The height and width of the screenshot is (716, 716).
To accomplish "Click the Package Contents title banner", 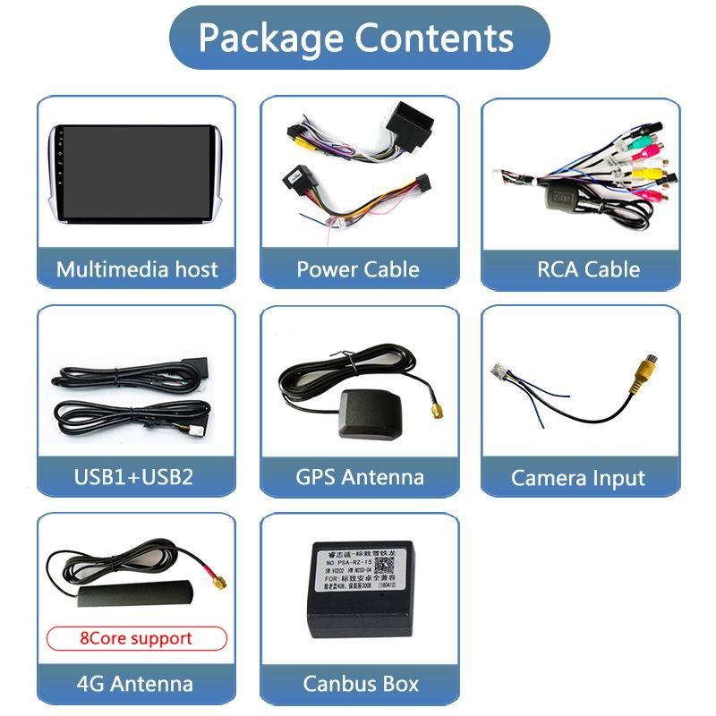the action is pyautogui.click(x=358, y=38).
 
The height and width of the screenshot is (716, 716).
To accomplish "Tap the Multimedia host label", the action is pyautogui.click(x=137, y=268).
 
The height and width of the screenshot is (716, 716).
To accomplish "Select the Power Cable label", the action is pyautogui.click(x=358, y=268).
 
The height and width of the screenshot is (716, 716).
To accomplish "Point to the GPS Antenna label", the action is pyautogui.click(x=359, y=476).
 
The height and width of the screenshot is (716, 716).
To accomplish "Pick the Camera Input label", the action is pyautogui.click(x=578, y=478).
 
